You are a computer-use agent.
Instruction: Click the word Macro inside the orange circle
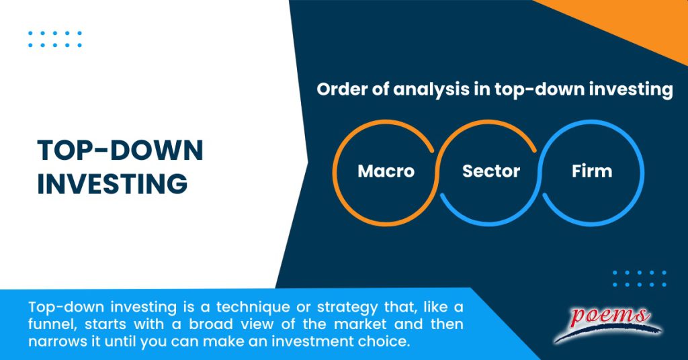[x=386, y=171]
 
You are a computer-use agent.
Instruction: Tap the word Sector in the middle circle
[x=491, y=171]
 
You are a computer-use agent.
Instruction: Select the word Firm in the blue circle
[x=592, y=171]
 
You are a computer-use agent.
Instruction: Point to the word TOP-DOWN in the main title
[x=120, y=152]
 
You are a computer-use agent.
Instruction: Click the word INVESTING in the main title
[x=112, y=183]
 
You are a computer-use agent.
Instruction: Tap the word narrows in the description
[x=58, y=343]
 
